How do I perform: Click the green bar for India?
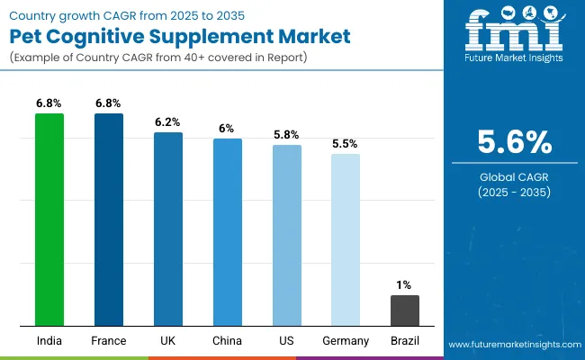click(49, 219)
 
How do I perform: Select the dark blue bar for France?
click(109, 219)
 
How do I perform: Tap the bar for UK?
click(168, 229)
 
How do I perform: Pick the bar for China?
click(228, 231)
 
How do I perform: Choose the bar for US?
click(287, 235)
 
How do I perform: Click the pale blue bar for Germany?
click(346, 239)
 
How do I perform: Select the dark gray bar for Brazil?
click(405, 310)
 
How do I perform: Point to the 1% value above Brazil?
click(405, 285)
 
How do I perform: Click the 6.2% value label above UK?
click(168, 121)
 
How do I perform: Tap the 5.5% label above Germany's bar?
click(346, 143)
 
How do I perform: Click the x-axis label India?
click(49, 341)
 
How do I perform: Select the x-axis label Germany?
click(346, 341)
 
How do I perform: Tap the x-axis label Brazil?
click(405, 341)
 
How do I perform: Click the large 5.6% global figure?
click(513, 142)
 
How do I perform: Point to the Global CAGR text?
click(513, 177)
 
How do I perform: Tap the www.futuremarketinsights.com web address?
click(512, 345)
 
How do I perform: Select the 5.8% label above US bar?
click(287, 134)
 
